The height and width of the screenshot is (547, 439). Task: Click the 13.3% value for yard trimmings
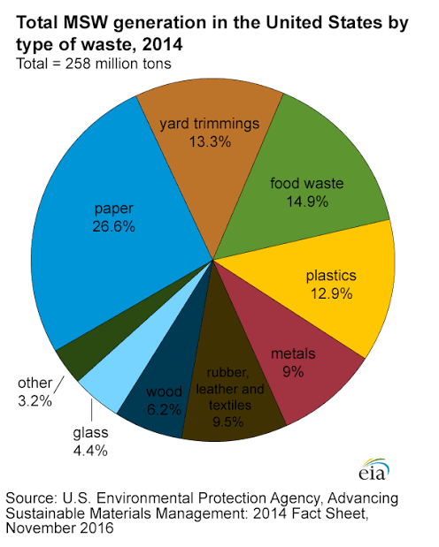[210, 142]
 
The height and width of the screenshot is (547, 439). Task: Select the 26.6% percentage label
[113, 227]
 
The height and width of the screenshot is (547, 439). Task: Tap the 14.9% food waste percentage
[307, 201]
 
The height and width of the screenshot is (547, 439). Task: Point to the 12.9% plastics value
[331, 293]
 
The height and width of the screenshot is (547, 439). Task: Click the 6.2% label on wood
[164, 409]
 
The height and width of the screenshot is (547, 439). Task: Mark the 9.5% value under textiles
[227, 422]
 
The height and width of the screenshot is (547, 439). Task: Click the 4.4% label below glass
[90, 451]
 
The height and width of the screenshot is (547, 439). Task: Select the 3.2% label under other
[35, 401]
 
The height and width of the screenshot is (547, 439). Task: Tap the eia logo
[374, 470]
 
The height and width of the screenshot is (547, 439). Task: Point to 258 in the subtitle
[78, 64]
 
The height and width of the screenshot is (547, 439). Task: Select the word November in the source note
[41, 528]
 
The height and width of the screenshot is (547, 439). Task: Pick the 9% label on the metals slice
[293, 372]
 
